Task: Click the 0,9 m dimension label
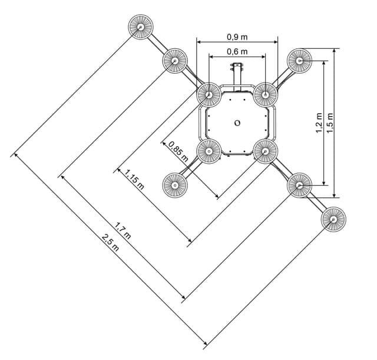tap(237, 37)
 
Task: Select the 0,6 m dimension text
tap(237, 52)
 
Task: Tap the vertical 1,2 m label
tap(319, 123)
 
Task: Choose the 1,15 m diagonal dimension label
tap(134, 179)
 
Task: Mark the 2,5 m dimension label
tap(110, 243)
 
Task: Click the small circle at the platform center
tap(237, 123)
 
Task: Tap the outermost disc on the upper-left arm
tap(141, 28)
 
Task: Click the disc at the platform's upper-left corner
tap(209, 94)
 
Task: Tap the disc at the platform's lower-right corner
tap(265, 151)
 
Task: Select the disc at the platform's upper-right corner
tap(265, 94)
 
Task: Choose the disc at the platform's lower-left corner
tap(209, 151)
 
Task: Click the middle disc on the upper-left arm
tap(175, 61)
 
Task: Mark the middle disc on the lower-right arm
tap(299, 185)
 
